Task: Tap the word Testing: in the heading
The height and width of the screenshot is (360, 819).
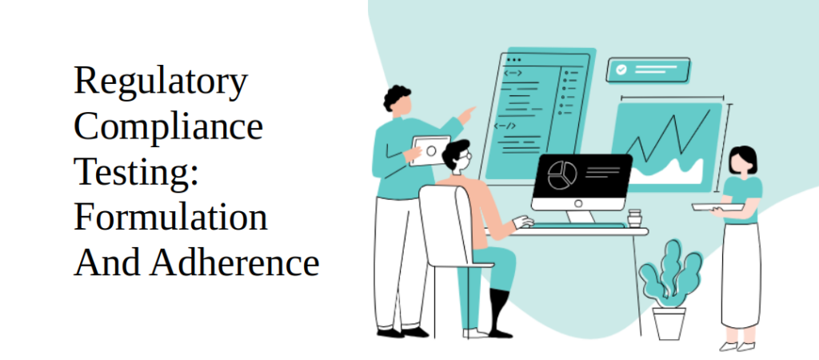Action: click(136, 174)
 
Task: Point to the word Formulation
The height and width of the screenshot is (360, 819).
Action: click(170, 218)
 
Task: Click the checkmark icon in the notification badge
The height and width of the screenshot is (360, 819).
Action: click(621, 70)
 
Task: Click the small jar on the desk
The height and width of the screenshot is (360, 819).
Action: click(634, 218)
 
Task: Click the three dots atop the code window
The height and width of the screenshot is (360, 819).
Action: click(513, 60)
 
